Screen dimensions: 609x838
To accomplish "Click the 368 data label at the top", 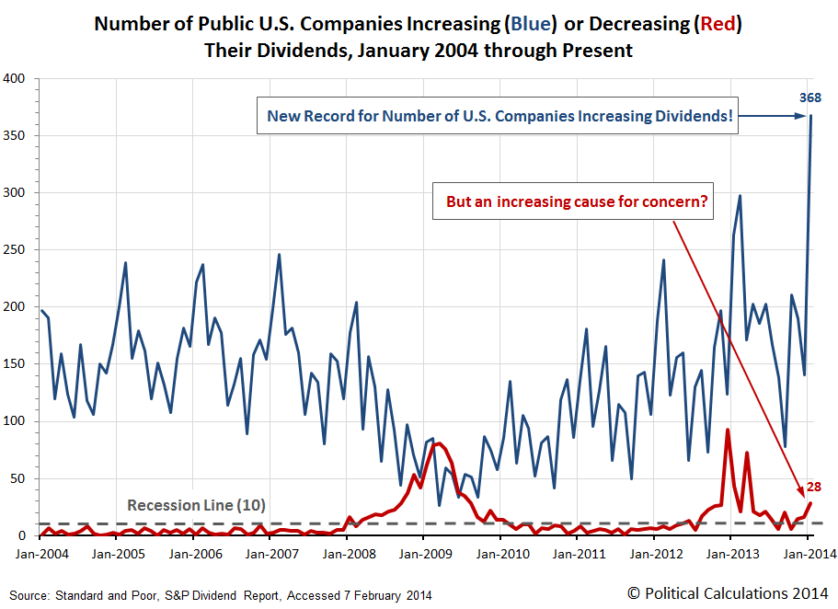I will click(x=809, y=98).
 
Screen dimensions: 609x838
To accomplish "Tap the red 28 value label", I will click(x=814, y=487).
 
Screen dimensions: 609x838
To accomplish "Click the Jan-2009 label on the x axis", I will click(x=423, y=555).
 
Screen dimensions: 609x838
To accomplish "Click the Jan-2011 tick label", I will click(x=577, y=555).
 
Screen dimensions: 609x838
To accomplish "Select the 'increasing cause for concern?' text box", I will click(x=577, y=202).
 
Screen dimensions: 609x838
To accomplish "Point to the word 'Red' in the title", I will click(x=717, y=23).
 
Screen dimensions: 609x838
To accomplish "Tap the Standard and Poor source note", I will click(x=221, y=595).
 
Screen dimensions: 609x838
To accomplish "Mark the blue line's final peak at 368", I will click(x=810, y=116).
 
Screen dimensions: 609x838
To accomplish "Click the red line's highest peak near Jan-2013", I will click(x=728, y=430).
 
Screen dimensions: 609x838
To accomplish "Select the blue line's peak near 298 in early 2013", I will click(x=740, y=196).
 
